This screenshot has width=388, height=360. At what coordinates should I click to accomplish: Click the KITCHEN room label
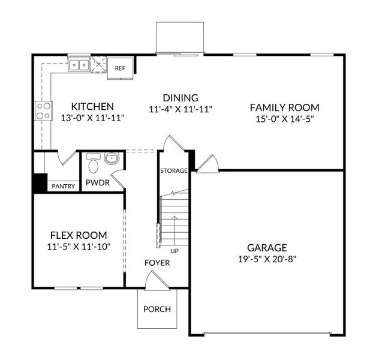click(x=92, y=107)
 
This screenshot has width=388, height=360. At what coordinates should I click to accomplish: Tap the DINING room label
click(x=181, y=98)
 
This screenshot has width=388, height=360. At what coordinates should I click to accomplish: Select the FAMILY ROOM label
click(x=284, y=107)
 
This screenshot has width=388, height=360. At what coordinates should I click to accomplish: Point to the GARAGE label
click(x=267, y=247)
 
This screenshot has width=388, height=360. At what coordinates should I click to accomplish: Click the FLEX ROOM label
click(x=79, y=235)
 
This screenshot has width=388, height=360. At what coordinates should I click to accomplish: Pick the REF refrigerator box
click(x=120, y=68)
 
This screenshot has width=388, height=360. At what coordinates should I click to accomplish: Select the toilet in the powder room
click(x=93, y=164)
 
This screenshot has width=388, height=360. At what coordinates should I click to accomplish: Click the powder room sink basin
click(x=112, y=159)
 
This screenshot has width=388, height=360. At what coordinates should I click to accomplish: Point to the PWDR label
click(x=97, y=182)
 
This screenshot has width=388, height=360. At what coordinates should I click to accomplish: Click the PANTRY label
click(x=63, y=186)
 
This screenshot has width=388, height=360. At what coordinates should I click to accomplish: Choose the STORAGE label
click(x=174, y=171)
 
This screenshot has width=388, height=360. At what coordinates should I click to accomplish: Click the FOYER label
click(x=157, y=263)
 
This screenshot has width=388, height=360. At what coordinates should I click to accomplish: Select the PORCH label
click(x=157, y=309)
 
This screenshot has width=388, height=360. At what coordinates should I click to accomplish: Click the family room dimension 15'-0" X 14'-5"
click(x=284, y=119)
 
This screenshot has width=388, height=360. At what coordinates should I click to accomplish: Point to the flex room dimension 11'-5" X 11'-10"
click(x=79, y=246)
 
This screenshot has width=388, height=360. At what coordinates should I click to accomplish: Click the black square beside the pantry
click(x=40, y=182)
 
